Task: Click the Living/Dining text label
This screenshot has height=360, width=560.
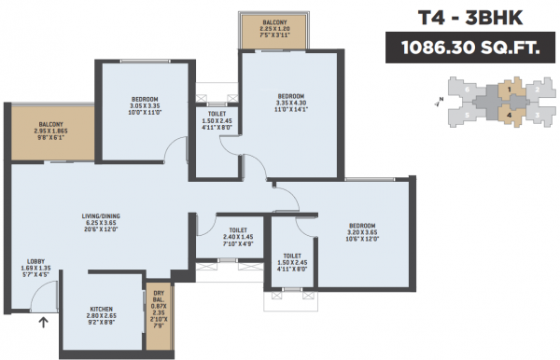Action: (101, 217)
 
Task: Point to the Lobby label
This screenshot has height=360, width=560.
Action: (35, 263)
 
